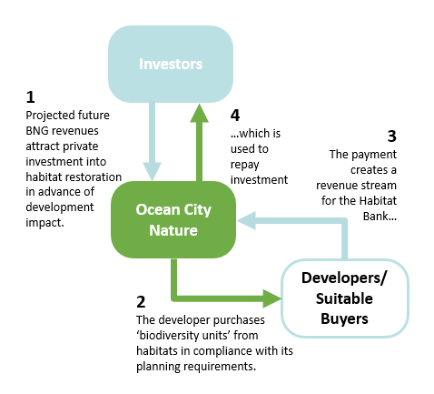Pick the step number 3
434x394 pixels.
(x=392, y=136)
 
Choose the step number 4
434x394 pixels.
(x=234, y=116)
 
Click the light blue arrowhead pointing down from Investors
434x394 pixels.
(x=151, y=169)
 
